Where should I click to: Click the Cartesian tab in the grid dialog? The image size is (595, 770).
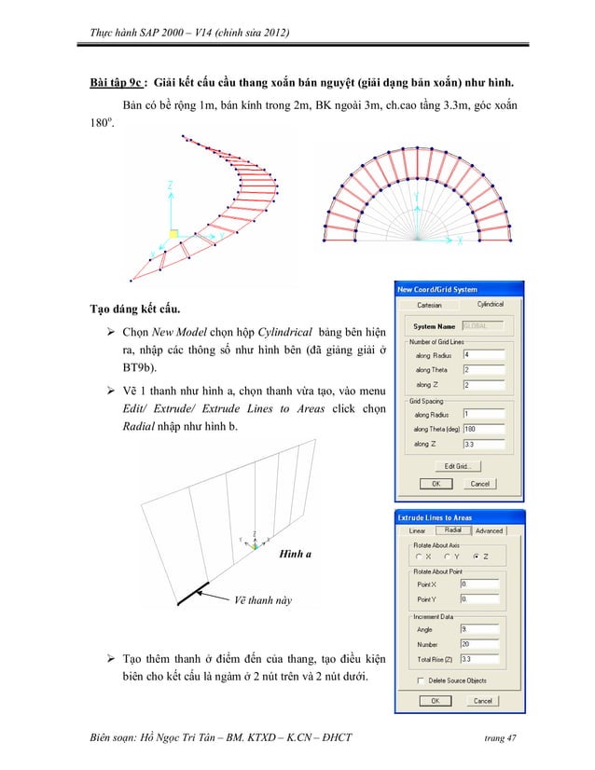click(429, 305)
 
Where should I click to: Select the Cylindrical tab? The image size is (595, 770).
click(491, 304)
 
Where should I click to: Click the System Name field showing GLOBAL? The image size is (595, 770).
click(485, 326)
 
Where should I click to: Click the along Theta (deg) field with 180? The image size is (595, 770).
click(486, 429)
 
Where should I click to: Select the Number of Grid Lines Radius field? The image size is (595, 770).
click(486, 354)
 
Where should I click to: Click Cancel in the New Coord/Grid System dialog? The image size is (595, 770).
click(479, 484)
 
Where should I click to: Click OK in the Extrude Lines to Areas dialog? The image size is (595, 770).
click(434, 700)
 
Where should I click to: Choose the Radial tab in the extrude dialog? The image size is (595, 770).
click(454, 529)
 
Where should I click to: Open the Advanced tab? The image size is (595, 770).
click(489, 530)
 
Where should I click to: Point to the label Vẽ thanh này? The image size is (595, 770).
click(262, 600)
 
